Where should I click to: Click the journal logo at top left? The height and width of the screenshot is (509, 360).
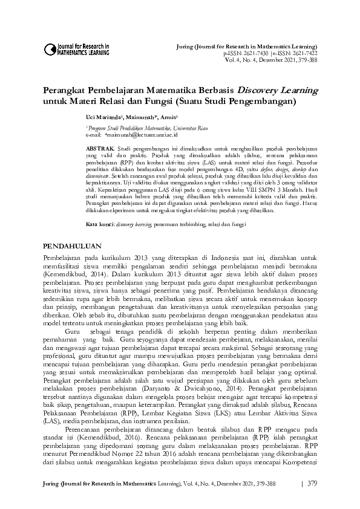coord(76,48)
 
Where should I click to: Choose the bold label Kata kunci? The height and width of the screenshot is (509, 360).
coord(100,207)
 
